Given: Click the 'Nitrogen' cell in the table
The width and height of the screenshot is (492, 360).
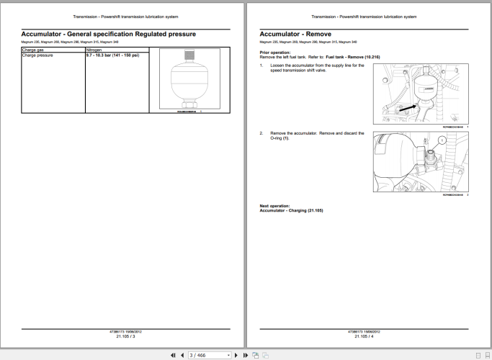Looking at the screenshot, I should tap(94, 50).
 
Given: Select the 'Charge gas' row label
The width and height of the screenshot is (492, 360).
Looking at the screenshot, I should tap(34, 50).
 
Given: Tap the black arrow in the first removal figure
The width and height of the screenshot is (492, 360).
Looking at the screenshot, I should tap(405, 107).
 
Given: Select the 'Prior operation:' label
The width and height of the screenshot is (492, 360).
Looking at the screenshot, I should tap(276, 53).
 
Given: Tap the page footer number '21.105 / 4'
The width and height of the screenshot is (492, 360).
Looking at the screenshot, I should tap(364, 336).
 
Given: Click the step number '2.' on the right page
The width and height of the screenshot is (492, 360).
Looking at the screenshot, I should tap(261, 133).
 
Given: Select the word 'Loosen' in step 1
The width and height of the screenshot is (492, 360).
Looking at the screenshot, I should tap(277, 66).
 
